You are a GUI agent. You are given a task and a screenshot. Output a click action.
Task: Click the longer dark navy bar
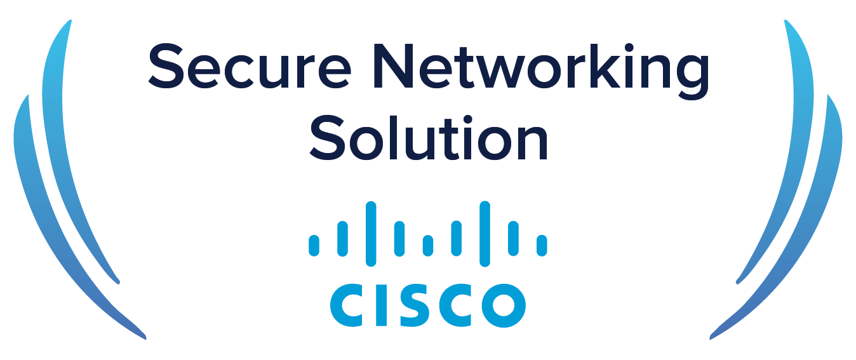pyautogui.click(x=470, y=70)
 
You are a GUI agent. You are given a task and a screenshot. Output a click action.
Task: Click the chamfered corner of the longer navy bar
pyautogui.click(x=155, y=89)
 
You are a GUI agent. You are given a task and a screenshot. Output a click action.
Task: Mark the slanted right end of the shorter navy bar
pyautogui.click(x=787, y=137)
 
